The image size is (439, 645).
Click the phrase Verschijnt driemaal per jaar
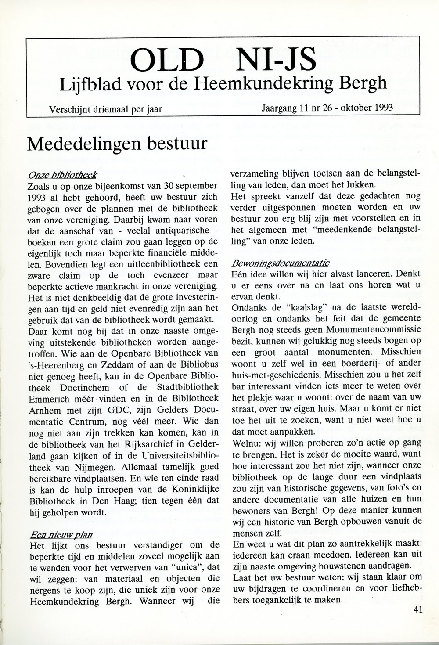coord(105,108)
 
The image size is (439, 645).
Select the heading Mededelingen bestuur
coord(117,143)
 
